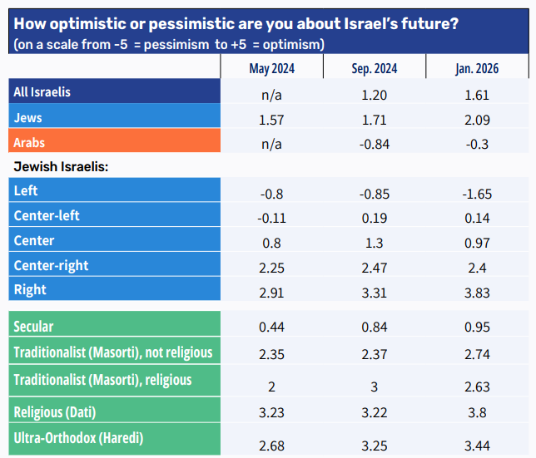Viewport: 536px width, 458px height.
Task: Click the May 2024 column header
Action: click(x=272, y=69)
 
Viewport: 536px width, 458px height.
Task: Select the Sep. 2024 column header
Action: click(x=375, y=69)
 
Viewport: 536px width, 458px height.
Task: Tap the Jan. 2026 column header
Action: click(x=476, y=69)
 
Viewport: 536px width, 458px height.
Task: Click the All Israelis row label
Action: click(x=42, y=92)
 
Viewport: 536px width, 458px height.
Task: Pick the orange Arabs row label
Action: click(x=30, y=142)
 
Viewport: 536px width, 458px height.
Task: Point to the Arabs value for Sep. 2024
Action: click(x=375, y=143)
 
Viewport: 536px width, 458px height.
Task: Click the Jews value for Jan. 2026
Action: click(x=476, y=121)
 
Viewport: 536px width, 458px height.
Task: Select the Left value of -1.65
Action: click(x=476, y=194)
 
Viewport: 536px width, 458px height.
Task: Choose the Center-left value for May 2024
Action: click(x=272, y=218)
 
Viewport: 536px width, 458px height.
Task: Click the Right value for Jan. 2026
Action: click(x=476, y=293)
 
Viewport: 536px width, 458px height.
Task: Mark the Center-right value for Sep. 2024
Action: click(x=375, y=268)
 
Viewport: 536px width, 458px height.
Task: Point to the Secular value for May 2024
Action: click(x=272, y=327)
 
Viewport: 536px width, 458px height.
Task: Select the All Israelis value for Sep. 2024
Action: click(x=375, y=96)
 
